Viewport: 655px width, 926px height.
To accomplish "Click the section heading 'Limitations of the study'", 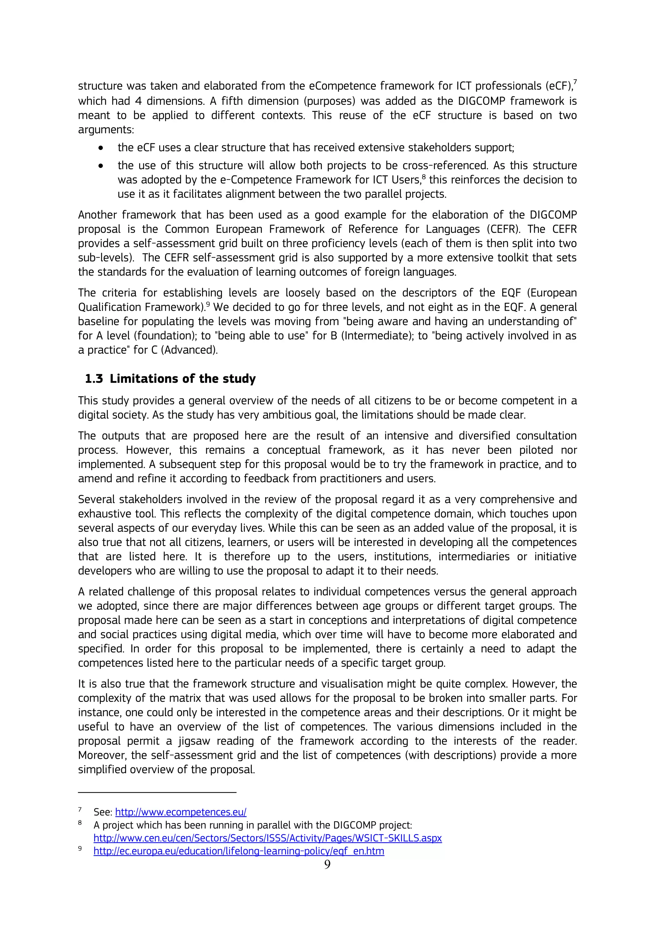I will click(x=182, y=379).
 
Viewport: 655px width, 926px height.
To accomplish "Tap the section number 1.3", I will click(x=94, y=379).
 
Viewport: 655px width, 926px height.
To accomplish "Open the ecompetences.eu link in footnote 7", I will click(x=181, y=812).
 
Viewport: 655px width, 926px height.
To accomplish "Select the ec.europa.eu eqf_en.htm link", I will click(x=239, y=851).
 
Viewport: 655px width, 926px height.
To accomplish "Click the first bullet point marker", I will click(x=101, y=148).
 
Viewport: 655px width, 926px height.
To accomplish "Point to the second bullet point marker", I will click(x=101, y=166).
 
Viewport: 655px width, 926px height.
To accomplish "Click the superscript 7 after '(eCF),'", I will click(x=575, y=82).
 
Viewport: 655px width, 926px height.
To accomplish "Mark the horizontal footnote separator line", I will click(x=157, y=793).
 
